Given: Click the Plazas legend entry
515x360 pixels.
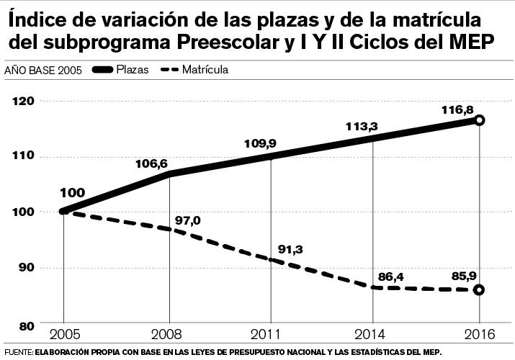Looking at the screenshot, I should [x=133, y=70].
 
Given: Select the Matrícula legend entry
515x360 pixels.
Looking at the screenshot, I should [x=205, y=70].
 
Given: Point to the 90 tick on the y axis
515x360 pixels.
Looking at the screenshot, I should [x=27, y=268].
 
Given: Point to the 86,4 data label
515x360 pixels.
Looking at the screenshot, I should [x=393, y=275].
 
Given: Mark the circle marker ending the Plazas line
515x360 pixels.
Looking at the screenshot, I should [x=480, y=120].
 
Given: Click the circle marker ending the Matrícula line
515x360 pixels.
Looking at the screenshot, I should [x=480, y=289].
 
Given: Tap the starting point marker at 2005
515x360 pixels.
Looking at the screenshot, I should [x=63, y=211].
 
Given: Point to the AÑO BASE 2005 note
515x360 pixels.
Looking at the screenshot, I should [x=42, y=71].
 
